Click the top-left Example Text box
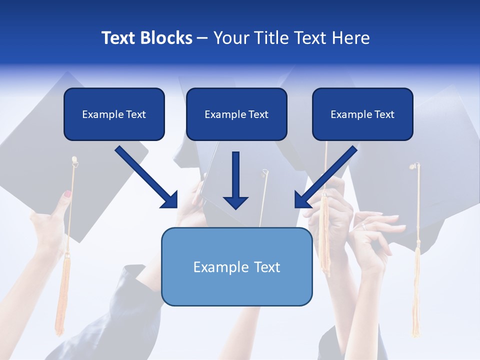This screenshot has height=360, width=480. [114, 114]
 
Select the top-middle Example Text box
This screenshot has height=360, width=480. [236, 114]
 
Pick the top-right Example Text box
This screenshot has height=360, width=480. [362, 114]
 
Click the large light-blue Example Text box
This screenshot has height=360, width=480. [236, 266]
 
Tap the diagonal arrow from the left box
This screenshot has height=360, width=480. [145, 175]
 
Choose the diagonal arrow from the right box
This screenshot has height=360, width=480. [327, 175]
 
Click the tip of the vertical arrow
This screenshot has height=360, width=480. [235, 207]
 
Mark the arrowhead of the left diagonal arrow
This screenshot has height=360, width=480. [172, 202]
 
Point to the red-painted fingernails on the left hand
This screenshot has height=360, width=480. [67, 194]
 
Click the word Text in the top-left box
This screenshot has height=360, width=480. [135, 114]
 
